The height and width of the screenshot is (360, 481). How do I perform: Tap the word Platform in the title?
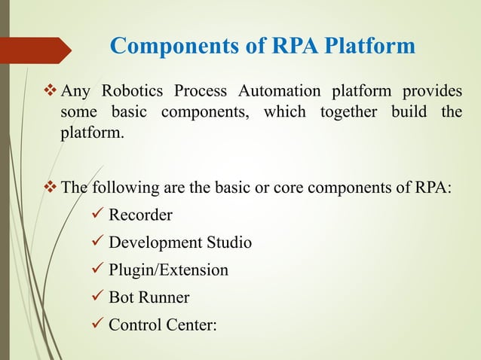click(x=369, y=47)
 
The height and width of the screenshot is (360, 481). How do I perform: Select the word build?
click(x=415, y=114)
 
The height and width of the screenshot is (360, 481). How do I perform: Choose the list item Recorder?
click(x=140, y=215)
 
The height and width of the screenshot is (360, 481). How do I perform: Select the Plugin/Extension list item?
click(x=168, y=270)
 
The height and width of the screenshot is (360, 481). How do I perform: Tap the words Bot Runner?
click(x=149, y=297)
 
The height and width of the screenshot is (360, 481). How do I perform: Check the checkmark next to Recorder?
click(x=96, y=215)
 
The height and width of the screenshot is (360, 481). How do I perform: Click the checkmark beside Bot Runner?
click(x=96, y=297)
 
